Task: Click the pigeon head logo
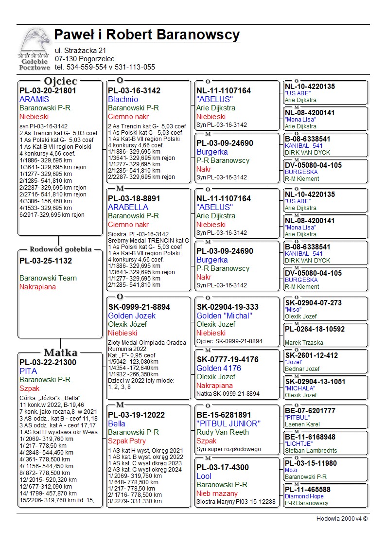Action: coord(34,42)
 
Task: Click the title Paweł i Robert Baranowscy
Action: coord(147,35)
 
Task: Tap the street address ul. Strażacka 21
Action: coord(80,51)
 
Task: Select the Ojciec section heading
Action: coord(60,81)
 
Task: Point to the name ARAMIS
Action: coord(34,99)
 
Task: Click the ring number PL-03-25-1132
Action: coord(46,261)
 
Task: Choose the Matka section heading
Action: coord(60,352)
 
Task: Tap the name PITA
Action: coord(28,371)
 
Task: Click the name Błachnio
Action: coord(123,99)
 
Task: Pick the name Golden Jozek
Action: coord(132,316)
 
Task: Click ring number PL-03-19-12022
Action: coord(137,415)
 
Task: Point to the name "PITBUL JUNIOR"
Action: coord(228,423)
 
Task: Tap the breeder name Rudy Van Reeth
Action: coord(223,432)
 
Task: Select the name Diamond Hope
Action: coord(304,496)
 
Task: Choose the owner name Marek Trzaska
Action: coord(304,343)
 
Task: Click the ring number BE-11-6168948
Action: coord(310,437)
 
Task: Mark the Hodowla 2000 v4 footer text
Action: coord(342,519)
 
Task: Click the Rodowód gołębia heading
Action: coord(60,249)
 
